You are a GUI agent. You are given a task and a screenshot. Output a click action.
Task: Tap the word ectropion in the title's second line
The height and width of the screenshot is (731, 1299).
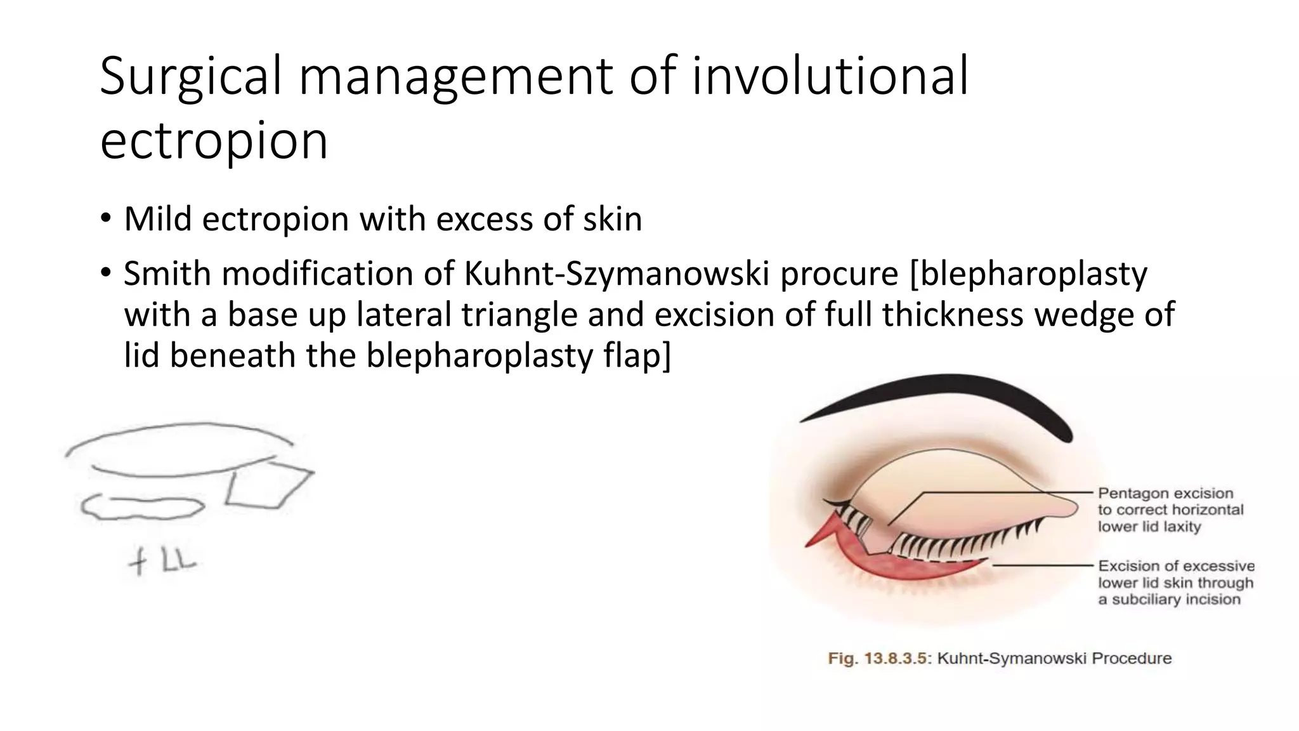[214, 141]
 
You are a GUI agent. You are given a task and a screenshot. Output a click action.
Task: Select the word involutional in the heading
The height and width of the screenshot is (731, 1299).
[830, 76]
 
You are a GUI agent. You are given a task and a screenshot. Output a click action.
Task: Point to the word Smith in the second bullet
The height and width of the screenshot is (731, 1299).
[167, 274]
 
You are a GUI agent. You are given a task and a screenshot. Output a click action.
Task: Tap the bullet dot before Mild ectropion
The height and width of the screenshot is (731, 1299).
[105, 220]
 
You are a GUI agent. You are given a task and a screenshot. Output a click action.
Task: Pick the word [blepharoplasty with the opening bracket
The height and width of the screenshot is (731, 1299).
[1028, 274]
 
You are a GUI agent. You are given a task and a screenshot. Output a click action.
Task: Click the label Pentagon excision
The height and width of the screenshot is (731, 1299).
[1165, 494]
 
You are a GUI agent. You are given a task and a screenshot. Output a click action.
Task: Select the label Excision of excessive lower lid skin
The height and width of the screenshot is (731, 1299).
[1175, 583]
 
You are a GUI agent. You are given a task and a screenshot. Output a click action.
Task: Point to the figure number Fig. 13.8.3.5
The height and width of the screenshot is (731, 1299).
[879, 659]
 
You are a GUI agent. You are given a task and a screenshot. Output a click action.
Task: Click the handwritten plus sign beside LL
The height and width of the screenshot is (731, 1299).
[137, 562]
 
